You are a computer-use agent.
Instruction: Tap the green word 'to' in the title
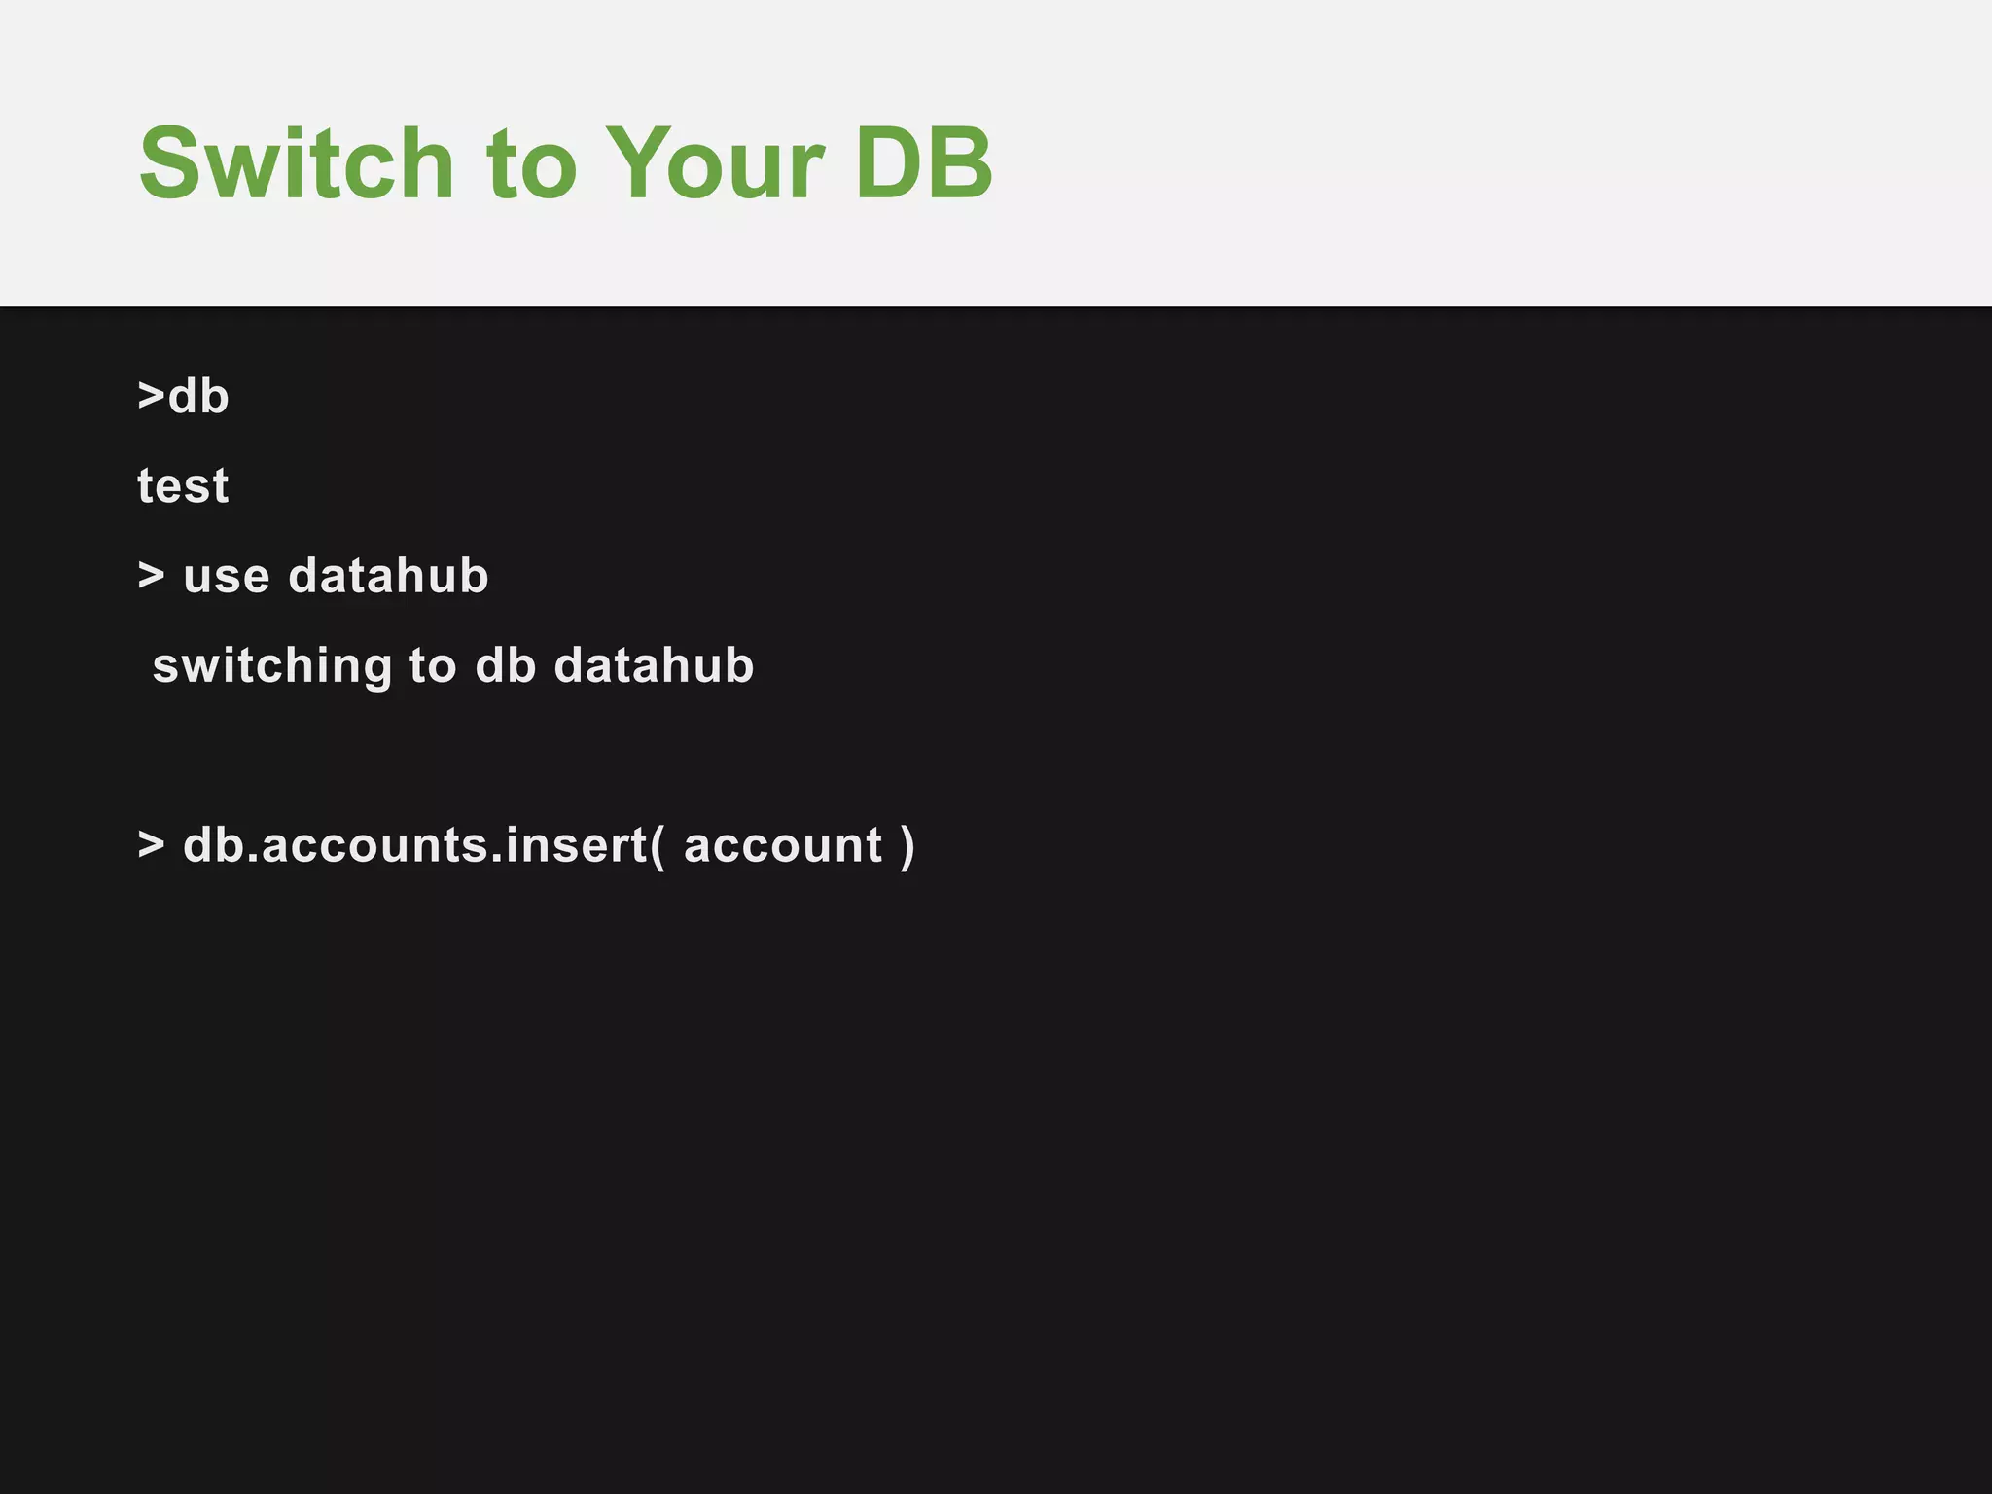pos(531,165)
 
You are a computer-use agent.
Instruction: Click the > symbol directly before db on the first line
pos(151,396)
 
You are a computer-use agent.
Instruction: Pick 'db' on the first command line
pos(199,396)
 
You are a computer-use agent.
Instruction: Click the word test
pos(183,485)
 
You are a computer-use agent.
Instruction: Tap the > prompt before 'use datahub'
pos(151,576)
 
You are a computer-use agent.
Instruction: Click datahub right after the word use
pos(388,575)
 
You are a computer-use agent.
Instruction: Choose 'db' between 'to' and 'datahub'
pos(506,665)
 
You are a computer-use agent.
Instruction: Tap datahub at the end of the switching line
pos(654,665)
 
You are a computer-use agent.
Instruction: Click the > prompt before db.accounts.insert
pos(151,844)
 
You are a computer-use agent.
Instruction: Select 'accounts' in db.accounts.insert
pos(374,845)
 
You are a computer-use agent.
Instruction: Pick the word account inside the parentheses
pos(783,845)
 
